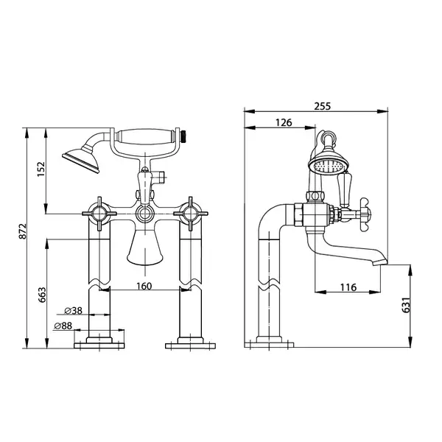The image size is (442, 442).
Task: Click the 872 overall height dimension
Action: tap(23, 231)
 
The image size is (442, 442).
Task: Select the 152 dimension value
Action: tap(41, 169)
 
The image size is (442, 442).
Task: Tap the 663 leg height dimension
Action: tap(42, 295)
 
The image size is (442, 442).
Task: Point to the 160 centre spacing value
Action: tap(144, 286)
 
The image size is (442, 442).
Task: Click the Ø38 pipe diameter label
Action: tap(73, 311)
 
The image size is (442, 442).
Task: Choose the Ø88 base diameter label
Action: tap(63, 326)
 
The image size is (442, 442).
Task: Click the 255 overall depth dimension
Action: tap(322, 106)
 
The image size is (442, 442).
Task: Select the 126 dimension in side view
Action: tap(284, 122)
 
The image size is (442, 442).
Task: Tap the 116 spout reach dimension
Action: tap(348, 287)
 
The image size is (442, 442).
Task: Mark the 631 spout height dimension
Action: tap(406, 305)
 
